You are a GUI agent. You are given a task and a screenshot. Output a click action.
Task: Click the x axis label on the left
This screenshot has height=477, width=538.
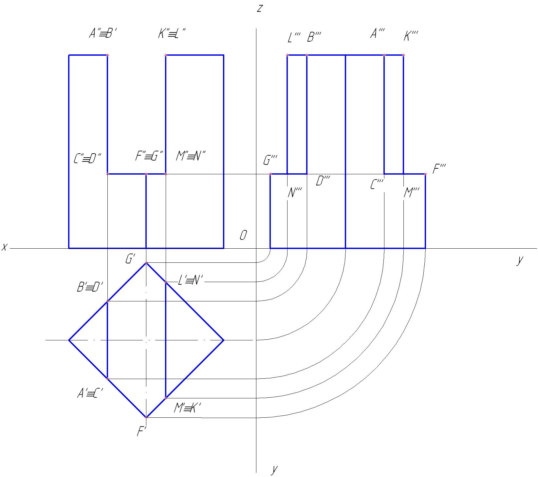4,247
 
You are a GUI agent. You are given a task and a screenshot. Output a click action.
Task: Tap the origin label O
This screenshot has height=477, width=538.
243,235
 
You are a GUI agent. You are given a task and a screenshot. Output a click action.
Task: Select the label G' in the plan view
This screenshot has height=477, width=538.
130,259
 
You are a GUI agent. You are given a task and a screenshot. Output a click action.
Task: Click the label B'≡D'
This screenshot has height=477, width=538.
90,288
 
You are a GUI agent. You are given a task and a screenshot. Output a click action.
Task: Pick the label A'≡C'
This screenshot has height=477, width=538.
90,393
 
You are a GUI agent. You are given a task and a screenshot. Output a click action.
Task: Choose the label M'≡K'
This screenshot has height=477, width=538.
187,408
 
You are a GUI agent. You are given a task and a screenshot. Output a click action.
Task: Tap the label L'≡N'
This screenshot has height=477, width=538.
191,281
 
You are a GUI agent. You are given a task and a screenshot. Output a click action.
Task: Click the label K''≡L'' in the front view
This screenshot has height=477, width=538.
172,34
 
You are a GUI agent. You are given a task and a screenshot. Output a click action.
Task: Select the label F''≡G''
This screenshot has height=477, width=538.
149,156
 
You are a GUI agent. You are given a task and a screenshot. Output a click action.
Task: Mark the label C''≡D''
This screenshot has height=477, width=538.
87,159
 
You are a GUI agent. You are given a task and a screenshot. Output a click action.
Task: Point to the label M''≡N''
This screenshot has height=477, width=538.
191,156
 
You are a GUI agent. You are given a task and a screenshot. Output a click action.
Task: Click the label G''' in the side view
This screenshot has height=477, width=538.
270,161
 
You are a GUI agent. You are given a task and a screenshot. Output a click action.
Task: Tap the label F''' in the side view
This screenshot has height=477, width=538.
439,169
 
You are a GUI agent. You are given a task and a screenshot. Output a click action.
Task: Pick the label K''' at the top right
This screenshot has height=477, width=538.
411,36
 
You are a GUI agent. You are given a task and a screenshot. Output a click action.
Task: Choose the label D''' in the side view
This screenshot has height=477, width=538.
323,181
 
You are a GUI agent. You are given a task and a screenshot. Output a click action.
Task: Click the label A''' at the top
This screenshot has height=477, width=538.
377,34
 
